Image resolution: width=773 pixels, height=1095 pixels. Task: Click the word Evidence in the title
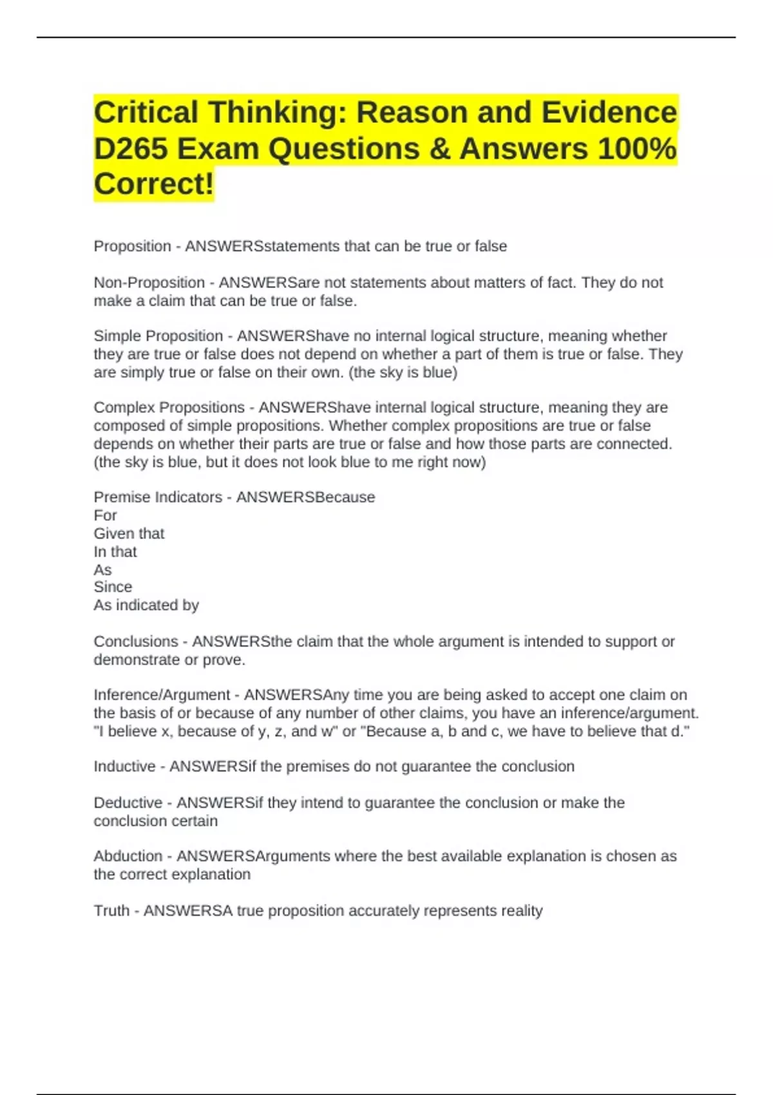[609, 113]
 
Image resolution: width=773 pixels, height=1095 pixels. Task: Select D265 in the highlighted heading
[131, 149]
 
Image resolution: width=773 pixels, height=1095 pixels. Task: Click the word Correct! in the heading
[153, 184]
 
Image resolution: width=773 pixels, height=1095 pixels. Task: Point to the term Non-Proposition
[149, 283]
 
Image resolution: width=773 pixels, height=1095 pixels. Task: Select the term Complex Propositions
[169, 408]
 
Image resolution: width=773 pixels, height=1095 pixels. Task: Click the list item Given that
[129, 534]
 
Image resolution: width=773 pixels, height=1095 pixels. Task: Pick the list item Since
[113, 587]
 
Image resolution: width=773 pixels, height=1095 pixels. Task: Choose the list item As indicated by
[146, 605]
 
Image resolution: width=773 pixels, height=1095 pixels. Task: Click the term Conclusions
[136, 642]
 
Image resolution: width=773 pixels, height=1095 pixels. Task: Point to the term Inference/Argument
[162, 695]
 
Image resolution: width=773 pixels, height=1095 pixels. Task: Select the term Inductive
[124, 766]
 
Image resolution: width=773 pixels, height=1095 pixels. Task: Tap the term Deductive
[128, 803]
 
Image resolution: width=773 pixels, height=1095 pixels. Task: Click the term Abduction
[128, 857]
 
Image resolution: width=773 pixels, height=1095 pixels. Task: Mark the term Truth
[111, 911]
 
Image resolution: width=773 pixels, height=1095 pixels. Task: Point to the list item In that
[115, 552]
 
